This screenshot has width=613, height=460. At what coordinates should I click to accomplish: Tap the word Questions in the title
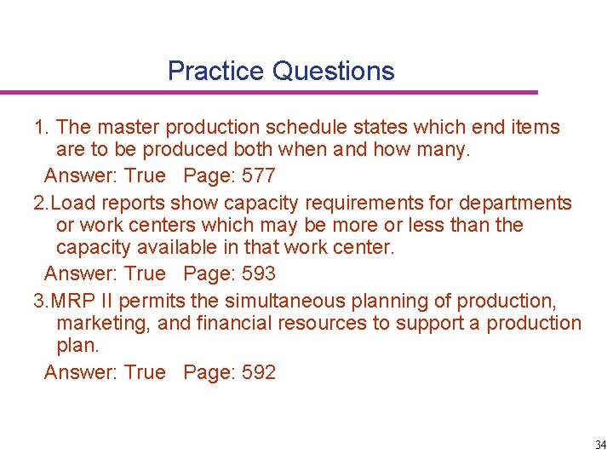point(334,71)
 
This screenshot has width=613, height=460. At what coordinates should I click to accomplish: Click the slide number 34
point(601,445)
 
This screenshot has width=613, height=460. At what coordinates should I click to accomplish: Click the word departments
point(516,203)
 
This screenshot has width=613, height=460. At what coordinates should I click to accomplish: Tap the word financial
point(222,324)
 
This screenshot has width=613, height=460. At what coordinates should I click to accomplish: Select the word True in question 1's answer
point(145,175)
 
